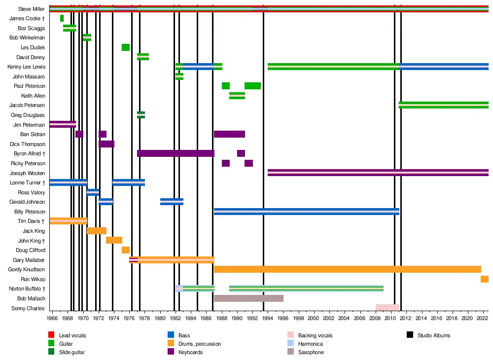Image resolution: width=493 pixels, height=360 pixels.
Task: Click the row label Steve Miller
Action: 32,9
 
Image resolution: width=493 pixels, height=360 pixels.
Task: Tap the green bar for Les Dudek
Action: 126,47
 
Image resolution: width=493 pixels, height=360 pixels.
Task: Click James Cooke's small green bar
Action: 62,18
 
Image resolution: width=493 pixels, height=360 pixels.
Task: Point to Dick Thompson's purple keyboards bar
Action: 106,144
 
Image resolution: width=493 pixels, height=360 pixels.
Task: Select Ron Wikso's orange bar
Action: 485,279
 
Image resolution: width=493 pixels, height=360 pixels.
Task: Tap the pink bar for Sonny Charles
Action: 387,308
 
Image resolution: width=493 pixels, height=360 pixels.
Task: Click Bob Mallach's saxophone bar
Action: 248,298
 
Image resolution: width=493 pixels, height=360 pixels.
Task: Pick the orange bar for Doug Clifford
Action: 126,250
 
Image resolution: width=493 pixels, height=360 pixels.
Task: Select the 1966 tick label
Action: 52,319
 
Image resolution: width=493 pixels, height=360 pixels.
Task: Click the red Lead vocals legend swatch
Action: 51,335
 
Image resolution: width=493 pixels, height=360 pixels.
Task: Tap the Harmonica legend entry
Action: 310,344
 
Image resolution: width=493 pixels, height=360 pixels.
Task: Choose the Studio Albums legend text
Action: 433,335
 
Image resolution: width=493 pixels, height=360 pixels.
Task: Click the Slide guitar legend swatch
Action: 51,352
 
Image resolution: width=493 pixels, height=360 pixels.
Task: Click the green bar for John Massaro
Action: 179,76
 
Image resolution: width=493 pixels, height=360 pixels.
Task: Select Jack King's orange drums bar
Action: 97,231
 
